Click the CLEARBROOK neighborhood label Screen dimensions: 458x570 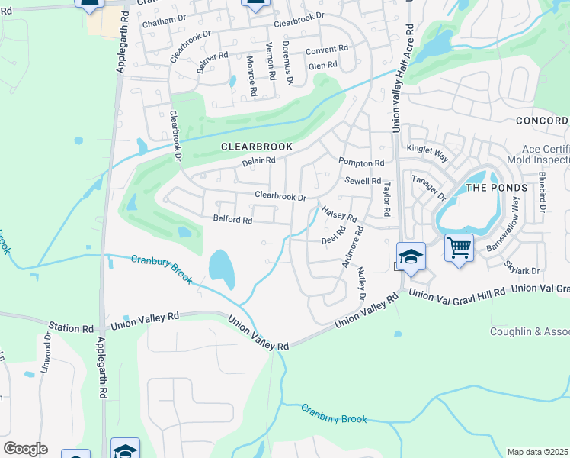pyautogui.click(x=257, y=146)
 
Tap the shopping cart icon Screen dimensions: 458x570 pyautogui.click(x=459, y=247)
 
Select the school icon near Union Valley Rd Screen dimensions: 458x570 pyautogui.click(x=411, y=256)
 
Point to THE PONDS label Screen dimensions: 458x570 pyautogui.click(x=496, y=189)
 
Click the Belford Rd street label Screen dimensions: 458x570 pyautogui.click(x=232, y=220)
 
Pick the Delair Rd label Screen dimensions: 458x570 pyautogui.click(x=258, y=161)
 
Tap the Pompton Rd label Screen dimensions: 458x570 pyautogui.click(x=361, y=163)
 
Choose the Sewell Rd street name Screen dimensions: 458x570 pyautogui.click(x=363, y=181)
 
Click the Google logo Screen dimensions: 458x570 pyautogui.click(x=24, y=449)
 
